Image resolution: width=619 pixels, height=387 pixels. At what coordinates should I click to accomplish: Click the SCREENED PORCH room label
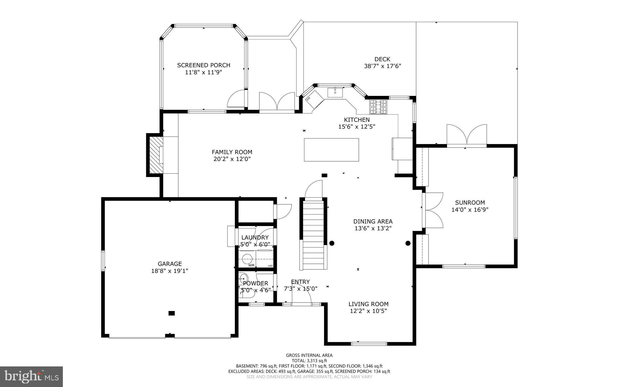tap(204, 65)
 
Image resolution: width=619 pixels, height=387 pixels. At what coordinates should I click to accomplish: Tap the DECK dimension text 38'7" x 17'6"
tap(382, 66)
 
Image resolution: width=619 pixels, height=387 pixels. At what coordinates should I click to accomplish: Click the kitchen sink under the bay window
tap(335, 92)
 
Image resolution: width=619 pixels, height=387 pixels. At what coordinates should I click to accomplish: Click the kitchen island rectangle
tap(331, 150)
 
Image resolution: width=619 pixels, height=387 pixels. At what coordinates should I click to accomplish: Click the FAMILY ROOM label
tap(232, 152)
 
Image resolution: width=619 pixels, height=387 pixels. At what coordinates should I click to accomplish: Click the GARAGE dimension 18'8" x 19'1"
tap(170, 271)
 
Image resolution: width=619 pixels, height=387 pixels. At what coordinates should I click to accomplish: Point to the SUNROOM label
tap(470, 203)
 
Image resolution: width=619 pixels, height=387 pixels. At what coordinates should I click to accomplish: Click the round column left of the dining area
tap(332, 243)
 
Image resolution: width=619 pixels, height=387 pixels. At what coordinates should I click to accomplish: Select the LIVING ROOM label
tap(368, 304)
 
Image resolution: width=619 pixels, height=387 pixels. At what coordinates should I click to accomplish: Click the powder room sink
tap(243, 278)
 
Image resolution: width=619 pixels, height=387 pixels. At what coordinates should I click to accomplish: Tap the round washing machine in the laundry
tap(248, 259)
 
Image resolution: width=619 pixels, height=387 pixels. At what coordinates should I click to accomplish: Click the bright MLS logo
tap(31, 376)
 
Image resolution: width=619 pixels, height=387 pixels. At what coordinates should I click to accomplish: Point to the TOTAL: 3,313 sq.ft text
tap(309, 361)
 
